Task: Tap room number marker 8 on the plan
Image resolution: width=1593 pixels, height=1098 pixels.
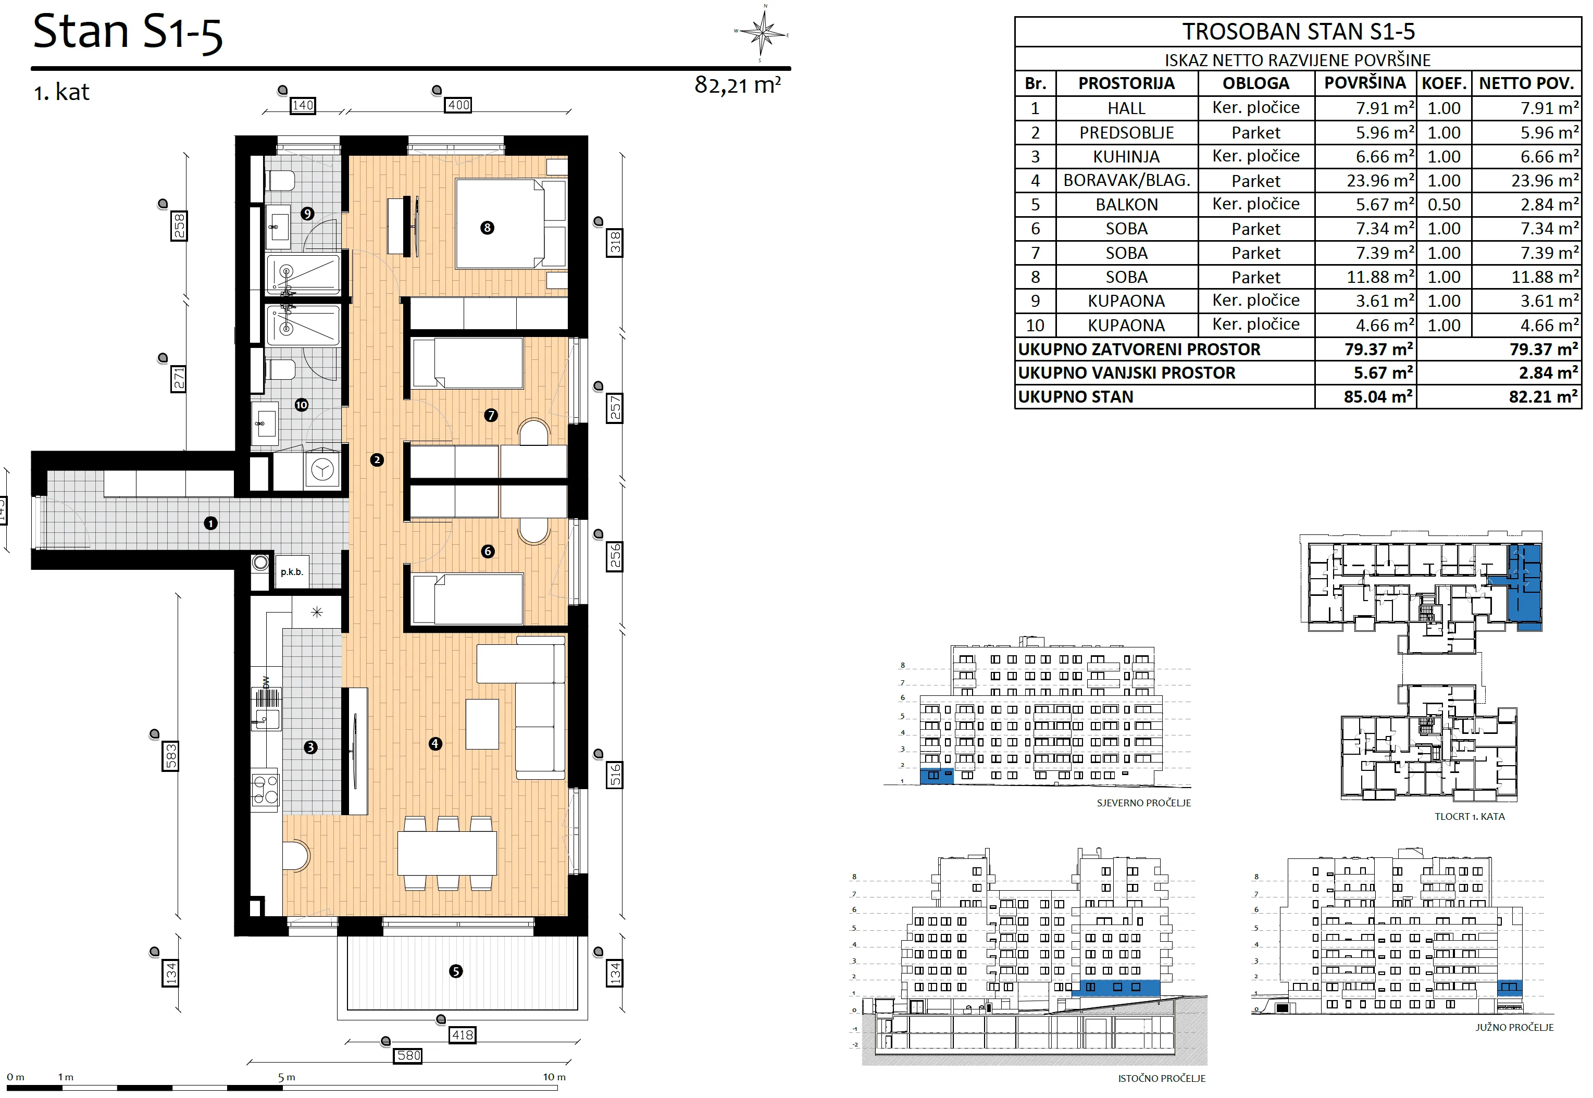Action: [x=487, y=228]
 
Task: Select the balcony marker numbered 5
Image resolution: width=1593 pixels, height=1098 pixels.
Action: [x=455, y=971]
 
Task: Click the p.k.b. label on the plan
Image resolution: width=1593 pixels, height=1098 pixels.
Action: [x=292, y=572]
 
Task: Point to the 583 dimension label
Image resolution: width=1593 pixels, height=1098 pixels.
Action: [x=170, y=756]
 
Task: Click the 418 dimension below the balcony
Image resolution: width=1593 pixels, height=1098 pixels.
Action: [x=463, y=1034]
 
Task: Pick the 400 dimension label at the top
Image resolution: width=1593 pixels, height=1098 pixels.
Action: [x=458, y=105]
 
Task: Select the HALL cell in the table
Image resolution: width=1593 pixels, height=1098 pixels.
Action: [x=1126, y=108]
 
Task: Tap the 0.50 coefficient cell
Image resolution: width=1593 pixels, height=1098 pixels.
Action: [x=1443, y=204]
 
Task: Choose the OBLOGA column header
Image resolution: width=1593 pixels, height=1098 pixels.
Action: [x=1256, y=83]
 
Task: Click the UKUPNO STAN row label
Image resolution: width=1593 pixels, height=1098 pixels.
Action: [x=1076, y=397]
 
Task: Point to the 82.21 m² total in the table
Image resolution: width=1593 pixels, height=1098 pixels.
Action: [x=1543, y=397]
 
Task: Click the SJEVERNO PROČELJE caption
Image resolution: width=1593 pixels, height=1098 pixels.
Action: [x=1143, y=803]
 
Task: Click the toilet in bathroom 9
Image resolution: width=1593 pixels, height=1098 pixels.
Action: [x=280, y=181]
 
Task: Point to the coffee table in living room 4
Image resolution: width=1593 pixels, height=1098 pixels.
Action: [x=482, y=723]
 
